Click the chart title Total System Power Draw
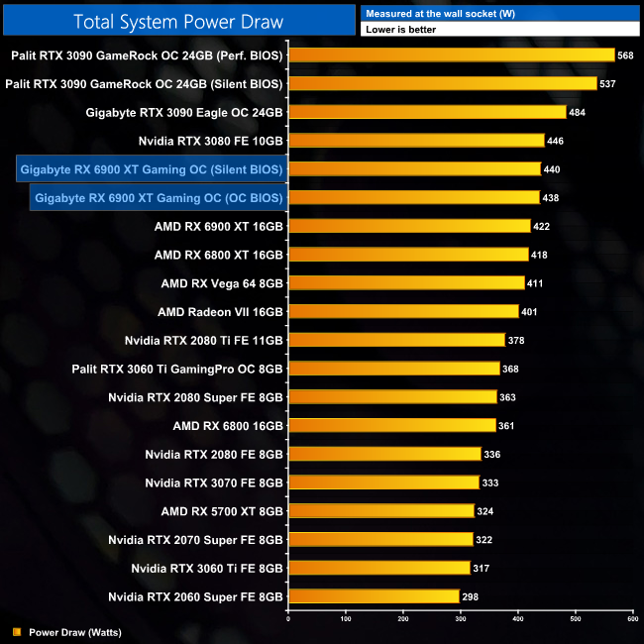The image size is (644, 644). pos(177,21)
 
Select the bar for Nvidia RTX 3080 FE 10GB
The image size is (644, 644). pos(416,141)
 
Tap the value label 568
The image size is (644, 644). pos(625,55)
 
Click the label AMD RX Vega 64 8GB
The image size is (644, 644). pos(222,283)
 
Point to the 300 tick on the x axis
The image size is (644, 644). pos(460,618)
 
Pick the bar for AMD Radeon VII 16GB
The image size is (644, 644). pos(402,312)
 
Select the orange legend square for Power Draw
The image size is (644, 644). pos(16,631)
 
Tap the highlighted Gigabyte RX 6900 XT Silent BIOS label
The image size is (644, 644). pos(152,169)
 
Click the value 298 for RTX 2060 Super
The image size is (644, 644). pos(471,596)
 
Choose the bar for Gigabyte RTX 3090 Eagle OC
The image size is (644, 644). pos(427,112)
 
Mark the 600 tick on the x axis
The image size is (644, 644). pos(631,618)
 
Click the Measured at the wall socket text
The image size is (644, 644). pos(427,13)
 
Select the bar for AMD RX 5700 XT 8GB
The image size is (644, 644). pos(380,511)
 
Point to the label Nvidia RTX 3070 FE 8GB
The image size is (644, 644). pos(214,483)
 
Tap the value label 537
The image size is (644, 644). pos(607,84)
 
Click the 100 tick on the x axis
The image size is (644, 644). pos(345,618)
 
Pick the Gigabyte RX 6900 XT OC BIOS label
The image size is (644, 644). pos(159,198)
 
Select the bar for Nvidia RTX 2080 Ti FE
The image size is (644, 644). pos(396,340)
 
